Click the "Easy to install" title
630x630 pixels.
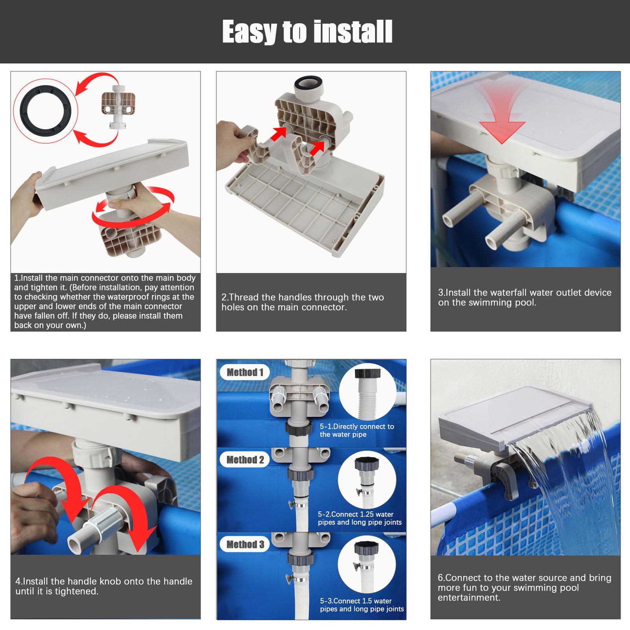click(x=307, y=31)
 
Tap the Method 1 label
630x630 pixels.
click(x=245, y=372)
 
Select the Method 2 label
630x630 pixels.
click(x=245, y=460)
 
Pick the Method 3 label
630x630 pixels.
click(x=245, y=544)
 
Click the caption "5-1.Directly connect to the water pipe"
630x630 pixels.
click(x=357, y=430)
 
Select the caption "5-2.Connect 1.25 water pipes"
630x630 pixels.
click(x=360, y=518)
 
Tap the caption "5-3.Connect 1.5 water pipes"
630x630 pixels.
click(x=362, y=605)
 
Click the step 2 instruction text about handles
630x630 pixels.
click(x=303, y=302)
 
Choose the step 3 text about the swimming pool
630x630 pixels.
click(x=525, y=297)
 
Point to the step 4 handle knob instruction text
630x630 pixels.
click(x=104, y=586)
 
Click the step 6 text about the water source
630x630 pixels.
click(x=525, y=588)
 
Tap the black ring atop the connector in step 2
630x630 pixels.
click(x=309, y=83)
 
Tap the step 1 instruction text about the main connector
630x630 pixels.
click(x=105, y=301)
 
